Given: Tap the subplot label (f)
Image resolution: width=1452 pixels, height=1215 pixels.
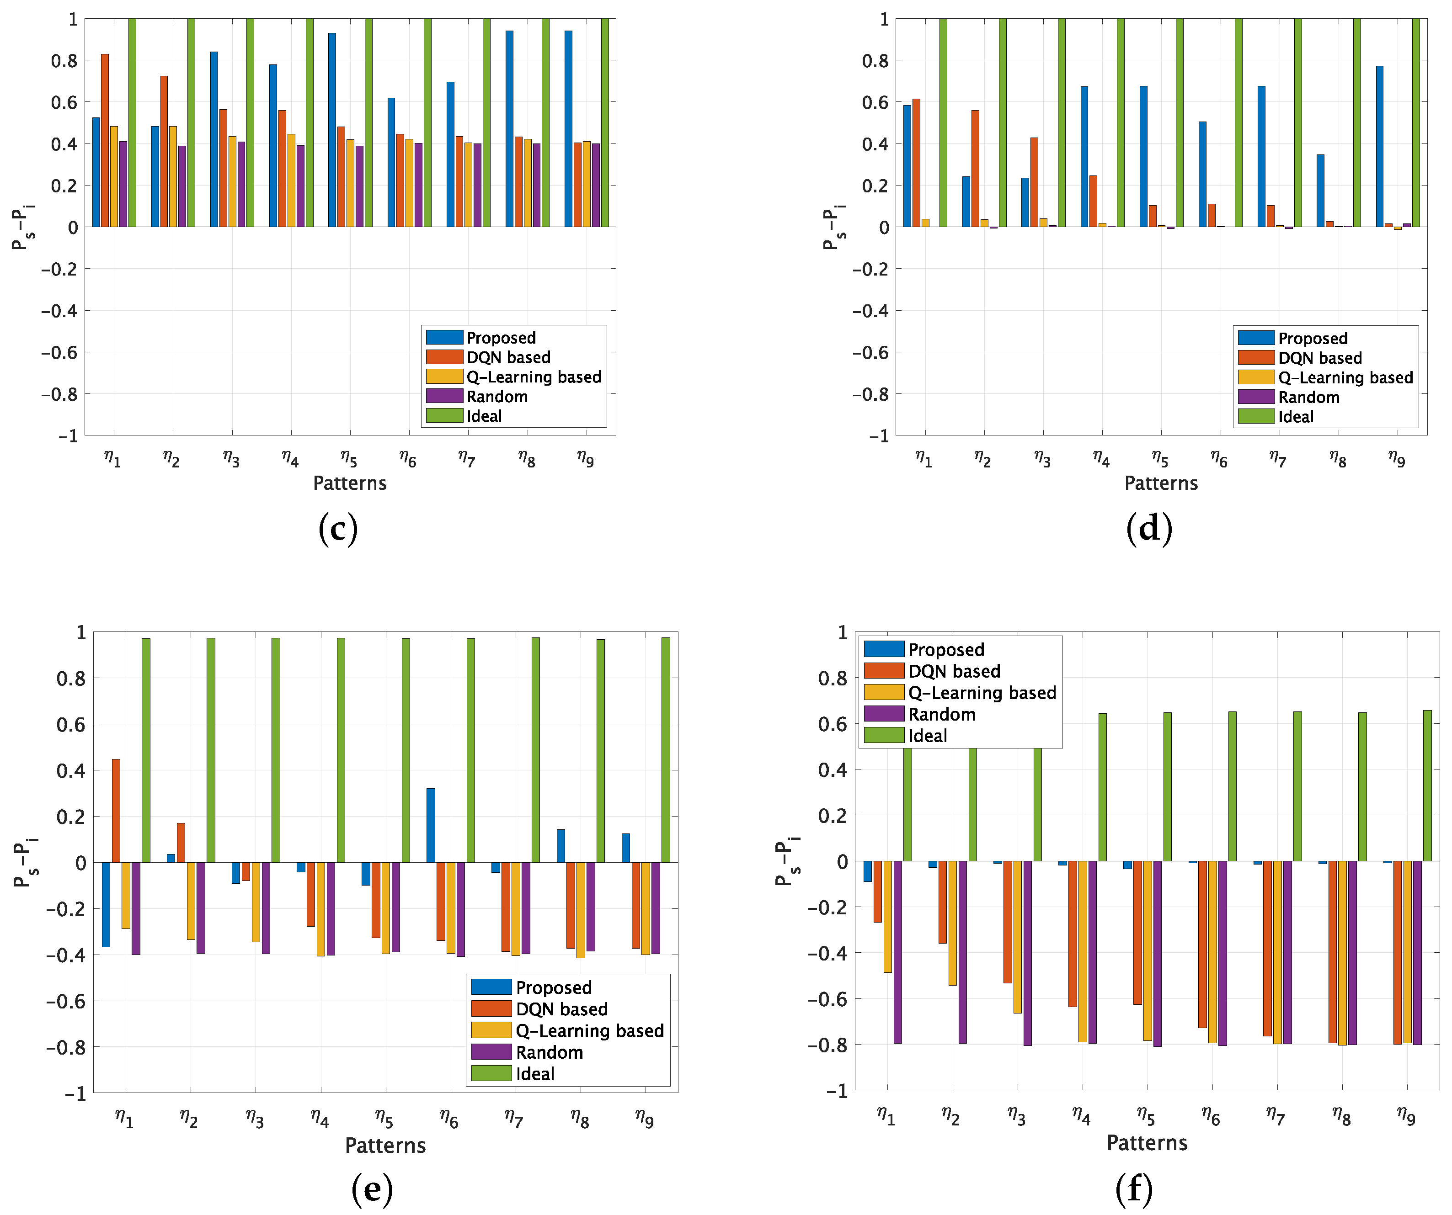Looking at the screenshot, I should [x=1134, y=1189].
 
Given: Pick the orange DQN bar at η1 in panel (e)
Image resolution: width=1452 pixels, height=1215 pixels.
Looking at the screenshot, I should [x=116, y=811].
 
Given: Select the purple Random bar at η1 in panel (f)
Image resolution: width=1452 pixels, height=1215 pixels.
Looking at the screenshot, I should [x=897, y=952].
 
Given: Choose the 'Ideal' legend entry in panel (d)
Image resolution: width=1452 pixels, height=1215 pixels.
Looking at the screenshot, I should [x=1295, y=417].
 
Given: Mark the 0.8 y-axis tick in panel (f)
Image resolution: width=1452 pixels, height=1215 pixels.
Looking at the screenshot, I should [x=832, y=678].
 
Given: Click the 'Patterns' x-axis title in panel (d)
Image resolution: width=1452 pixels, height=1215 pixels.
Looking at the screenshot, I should [x=1161, y=483].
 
